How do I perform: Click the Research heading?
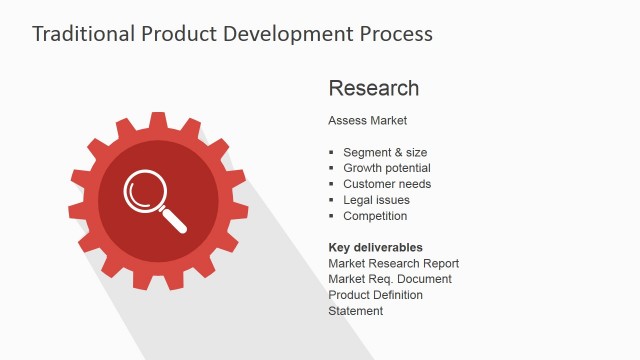click(x=373, y=88)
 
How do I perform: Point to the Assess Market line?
click(x=367, y=121)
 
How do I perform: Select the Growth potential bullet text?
click(x=387, y=168)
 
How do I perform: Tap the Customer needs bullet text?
click(x=387, y=184)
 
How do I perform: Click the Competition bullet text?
click(x=375, y=216)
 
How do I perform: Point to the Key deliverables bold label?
click(x=375, y=247)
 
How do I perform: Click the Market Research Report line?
click(x=393, y=263)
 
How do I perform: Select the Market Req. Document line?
click(x=390, y=279)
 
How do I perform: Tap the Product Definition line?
click(x=375, y=295)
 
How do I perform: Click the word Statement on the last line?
click(x=355, y=311)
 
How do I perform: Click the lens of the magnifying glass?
click(x=145, y=192)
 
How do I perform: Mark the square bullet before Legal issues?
click(x=332, y=200)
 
